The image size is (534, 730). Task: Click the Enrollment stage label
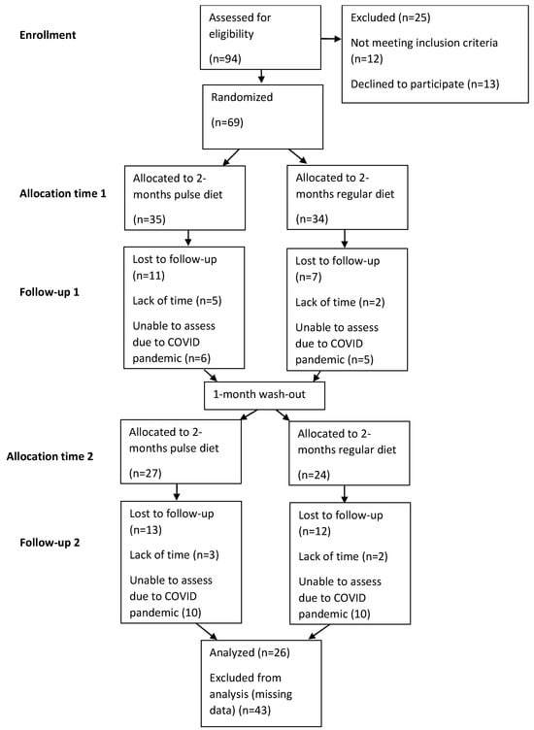coord(48,35)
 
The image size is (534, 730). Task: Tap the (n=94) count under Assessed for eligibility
coord(225,58)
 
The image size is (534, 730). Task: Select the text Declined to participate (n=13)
coord(424,84)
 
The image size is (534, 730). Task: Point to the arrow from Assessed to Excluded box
coord(331,39)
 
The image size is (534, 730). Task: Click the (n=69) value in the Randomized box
coord(227,122)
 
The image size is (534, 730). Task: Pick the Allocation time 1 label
coord(63,194)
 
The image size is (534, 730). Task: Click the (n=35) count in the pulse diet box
coord(149,219)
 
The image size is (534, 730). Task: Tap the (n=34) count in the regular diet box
coord(312,218)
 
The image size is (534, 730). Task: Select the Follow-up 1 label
coord(50,292)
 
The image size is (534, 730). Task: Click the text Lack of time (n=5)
coord(177,301)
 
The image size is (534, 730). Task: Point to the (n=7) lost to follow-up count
coord(308,277)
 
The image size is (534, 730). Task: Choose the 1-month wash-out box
coord(264,396)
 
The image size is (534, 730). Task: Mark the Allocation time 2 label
coord(50,456)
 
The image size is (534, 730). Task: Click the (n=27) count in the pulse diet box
coord(146,474)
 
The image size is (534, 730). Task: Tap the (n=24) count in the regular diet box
coord(314,475)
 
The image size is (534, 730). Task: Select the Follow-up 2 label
coord(50,543)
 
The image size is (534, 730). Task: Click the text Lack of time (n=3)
coord(174,555)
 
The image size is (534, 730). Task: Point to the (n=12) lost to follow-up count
coord(315,531)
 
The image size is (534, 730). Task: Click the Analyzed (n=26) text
coord(250,652)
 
